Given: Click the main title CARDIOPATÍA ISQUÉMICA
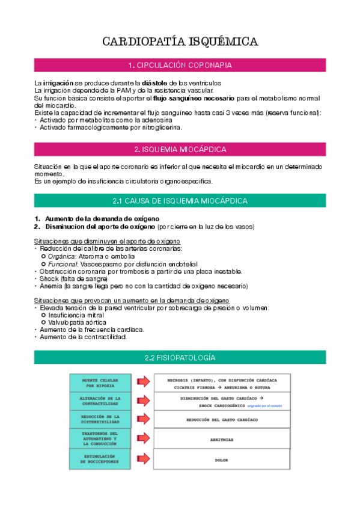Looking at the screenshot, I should point(180,41).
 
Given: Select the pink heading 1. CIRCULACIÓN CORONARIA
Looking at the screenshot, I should point(180,65).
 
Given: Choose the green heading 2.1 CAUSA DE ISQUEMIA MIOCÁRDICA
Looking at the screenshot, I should point(180,200).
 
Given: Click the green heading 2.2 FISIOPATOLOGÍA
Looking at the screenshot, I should point(180,357).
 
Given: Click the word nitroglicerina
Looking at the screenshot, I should point(159,127).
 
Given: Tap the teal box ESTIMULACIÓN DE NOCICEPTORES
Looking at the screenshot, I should point(100,459).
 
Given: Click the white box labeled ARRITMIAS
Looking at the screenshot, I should point(221,440).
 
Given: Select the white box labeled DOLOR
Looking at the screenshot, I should point(221,460).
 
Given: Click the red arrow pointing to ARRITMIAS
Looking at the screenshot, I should point(143,438).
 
